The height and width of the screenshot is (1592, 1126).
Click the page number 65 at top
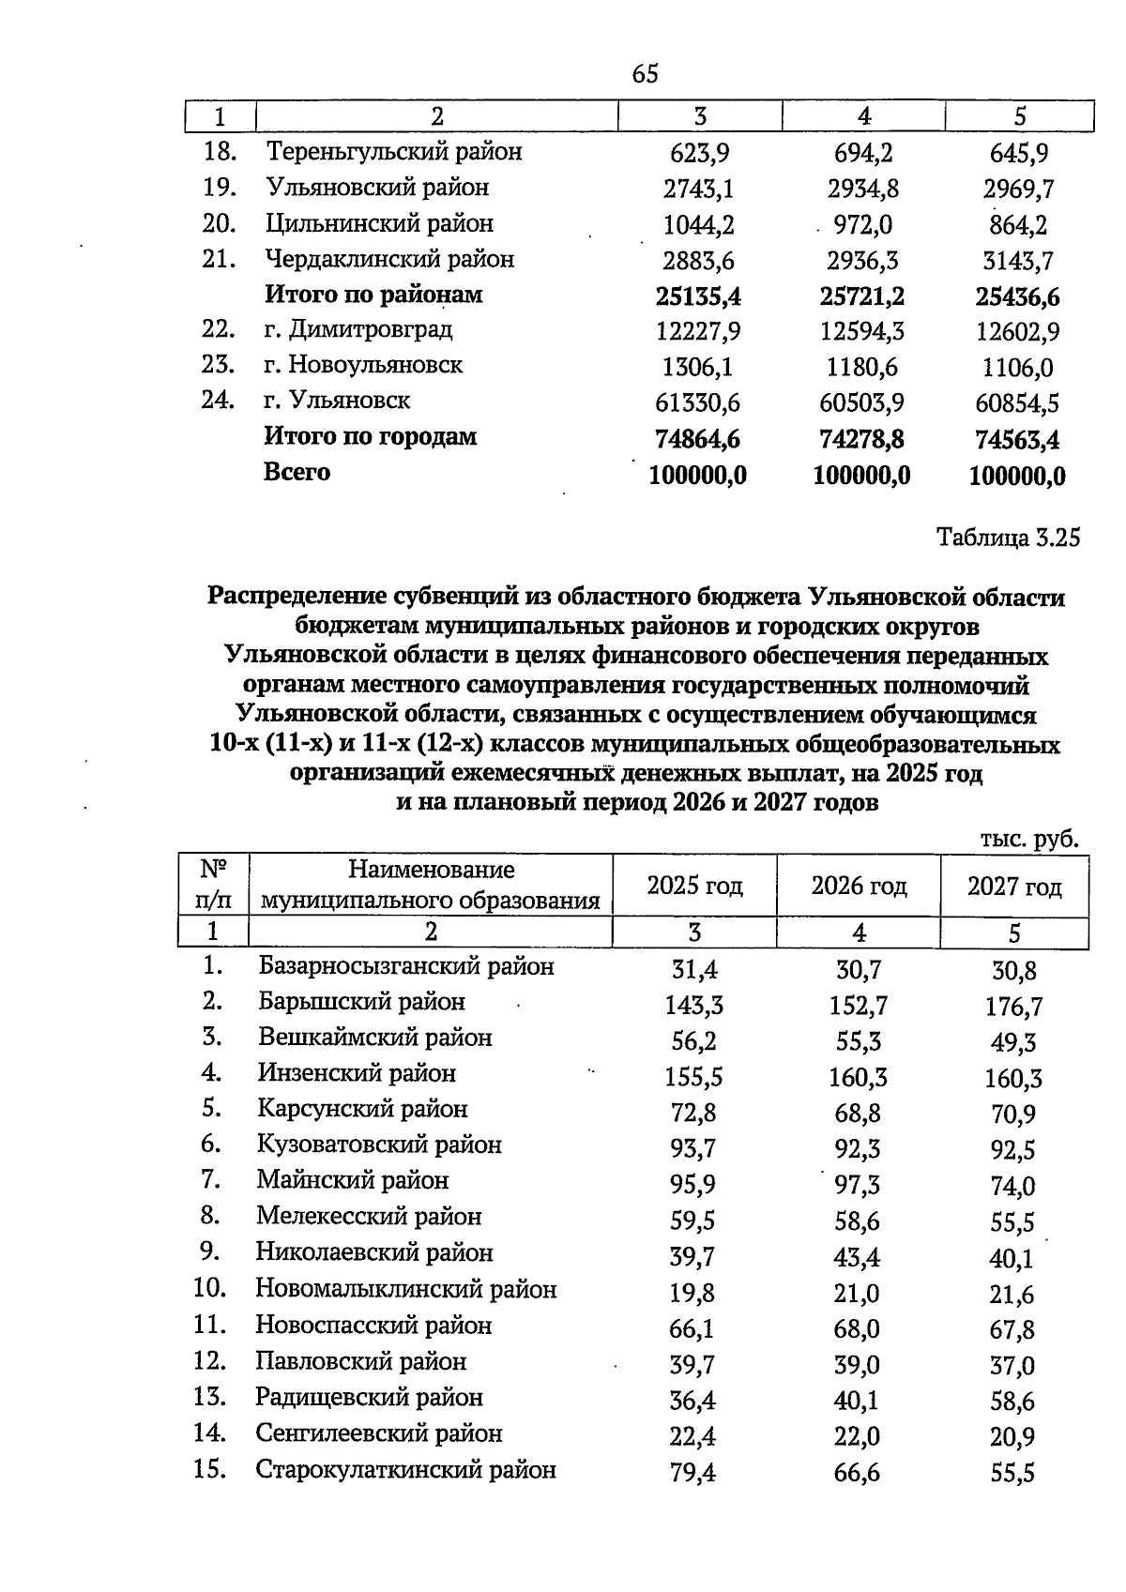click(646, 74)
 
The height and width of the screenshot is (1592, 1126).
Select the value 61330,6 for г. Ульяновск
click(697, 403)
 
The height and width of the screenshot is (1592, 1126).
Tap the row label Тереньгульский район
click(393, 152)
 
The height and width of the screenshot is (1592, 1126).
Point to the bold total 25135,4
click(698, 297)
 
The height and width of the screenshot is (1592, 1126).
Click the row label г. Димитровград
click(358, 330)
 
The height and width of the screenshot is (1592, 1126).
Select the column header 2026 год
click(859, 886)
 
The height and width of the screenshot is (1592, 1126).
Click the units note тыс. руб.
click(1027, 839)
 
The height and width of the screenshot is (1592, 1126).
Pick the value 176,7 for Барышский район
click(1013, 1008)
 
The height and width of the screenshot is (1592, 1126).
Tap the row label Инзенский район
click(357, 1073)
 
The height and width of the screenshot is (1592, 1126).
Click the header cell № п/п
click(212, 884)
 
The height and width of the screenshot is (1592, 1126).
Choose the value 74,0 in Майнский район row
click(1012, 1187)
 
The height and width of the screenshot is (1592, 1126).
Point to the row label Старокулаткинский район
click(405, 1470)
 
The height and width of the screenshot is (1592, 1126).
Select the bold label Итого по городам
click(370, 437)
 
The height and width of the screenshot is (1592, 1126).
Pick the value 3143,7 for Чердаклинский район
click(1018, 261)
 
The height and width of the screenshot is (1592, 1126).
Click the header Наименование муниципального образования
click(430, 886)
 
